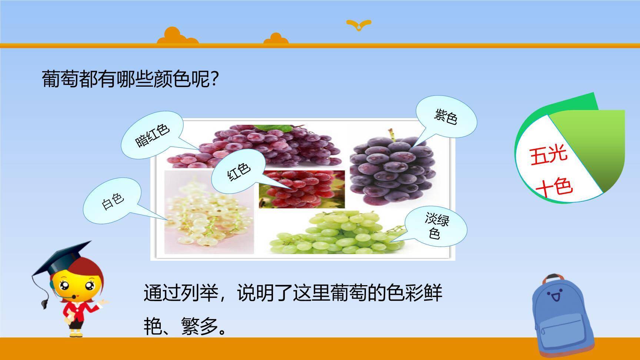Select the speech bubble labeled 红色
239,171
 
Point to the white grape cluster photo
209,213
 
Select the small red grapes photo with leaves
302,189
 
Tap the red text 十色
554,187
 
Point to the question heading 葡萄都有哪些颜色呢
129,79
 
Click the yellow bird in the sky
359,25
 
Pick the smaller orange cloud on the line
276,39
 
